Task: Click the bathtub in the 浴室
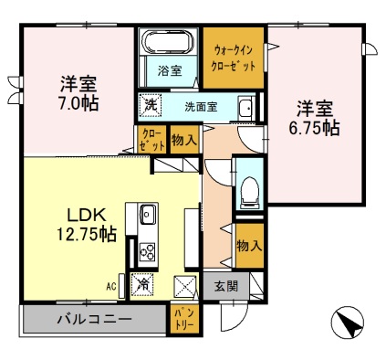click(x=168, y=42)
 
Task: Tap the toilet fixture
click(x=249, y=193)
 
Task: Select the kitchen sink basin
click(x=148, y=214)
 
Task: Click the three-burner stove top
click(x=148, y=251)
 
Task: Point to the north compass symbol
click(x=348, y=323)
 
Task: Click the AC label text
click(x=111, y=287)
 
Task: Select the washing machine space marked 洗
click(x=151, y=105)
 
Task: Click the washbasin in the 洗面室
click(x=245, y=108)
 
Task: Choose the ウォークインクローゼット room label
click(x=233, y=58)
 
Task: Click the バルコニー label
click(x=95, y=320)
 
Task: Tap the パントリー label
click(x=184, y=318)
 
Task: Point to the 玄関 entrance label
click(x=226, y=287)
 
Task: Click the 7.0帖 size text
click(x=78, y=103)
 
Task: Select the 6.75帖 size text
click(x=314, y=128)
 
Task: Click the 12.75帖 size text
click(x=87, y=234)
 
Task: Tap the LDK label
click(x=87, y=216)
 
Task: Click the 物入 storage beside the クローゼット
click(x=184, y=140)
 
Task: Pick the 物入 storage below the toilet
click(x=249, y=246)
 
